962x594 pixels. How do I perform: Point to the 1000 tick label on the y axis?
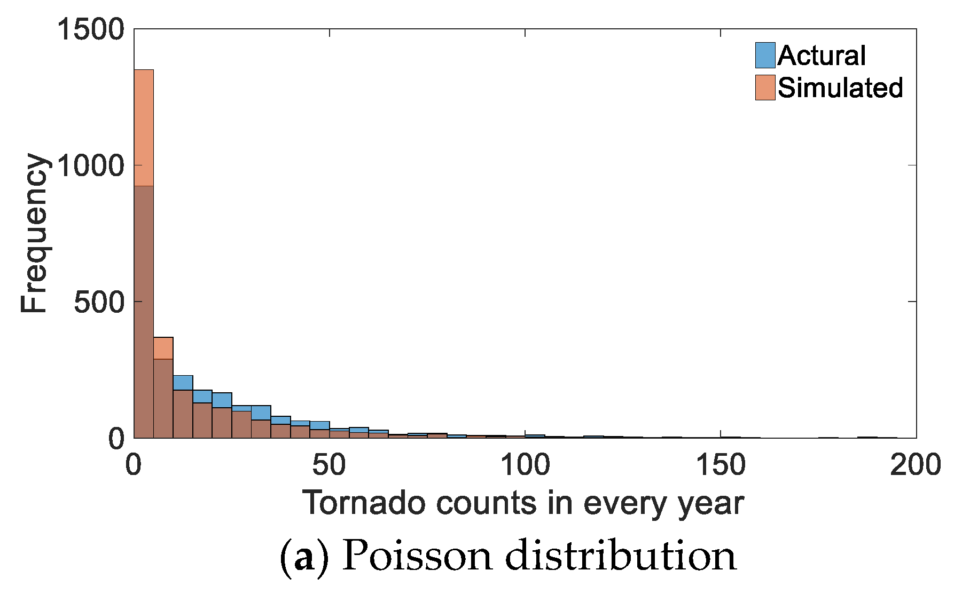pyautogui.click(x=90, y=165)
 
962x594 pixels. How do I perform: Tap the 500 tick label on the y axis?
pyautogui.click(x=99, y=302)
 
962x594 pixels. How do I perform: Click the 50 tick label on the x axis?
pyautogui.click(x=329, y=465)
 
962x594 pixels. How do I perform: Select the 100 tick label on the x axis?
pyautogui.click(x=525, y=465)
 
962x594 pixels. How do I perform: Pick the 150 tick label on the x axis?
pyautogui.click(x=720, y=465)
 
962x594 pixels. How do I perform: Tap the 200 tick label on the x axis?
pyautogui.click(x=916, y=465)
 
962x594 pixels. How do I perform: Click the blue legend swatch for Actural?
pyautogui.click(x=765, y=56)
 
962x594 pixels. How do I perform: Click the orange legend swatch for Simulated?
pyautogui.click(x=765, y=88)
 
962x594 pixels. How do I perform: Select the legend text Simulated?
pyautogui.click(x=840, y=88)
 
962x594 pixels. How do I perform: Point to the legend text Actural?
pyautogui.click(x=822, y=56)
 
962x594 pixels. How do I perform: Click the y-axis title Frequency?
pyautogui.click(x=34, y=233)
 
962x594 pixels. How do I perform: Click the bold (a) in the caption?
pyautogui.click(x=303, y=557)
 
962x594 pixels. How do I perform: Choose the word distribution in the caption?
pyautogui.click(x=621, y=556)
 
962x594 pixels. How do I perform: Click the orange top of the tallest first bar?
pyautogui.click(x=144, y=128)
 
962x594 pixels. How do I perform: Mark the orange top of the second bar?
pyautogui.click(x=163, y=348)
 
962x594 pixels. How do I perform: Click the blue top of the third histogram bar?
pyautogui.click(x=183, y=383)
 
